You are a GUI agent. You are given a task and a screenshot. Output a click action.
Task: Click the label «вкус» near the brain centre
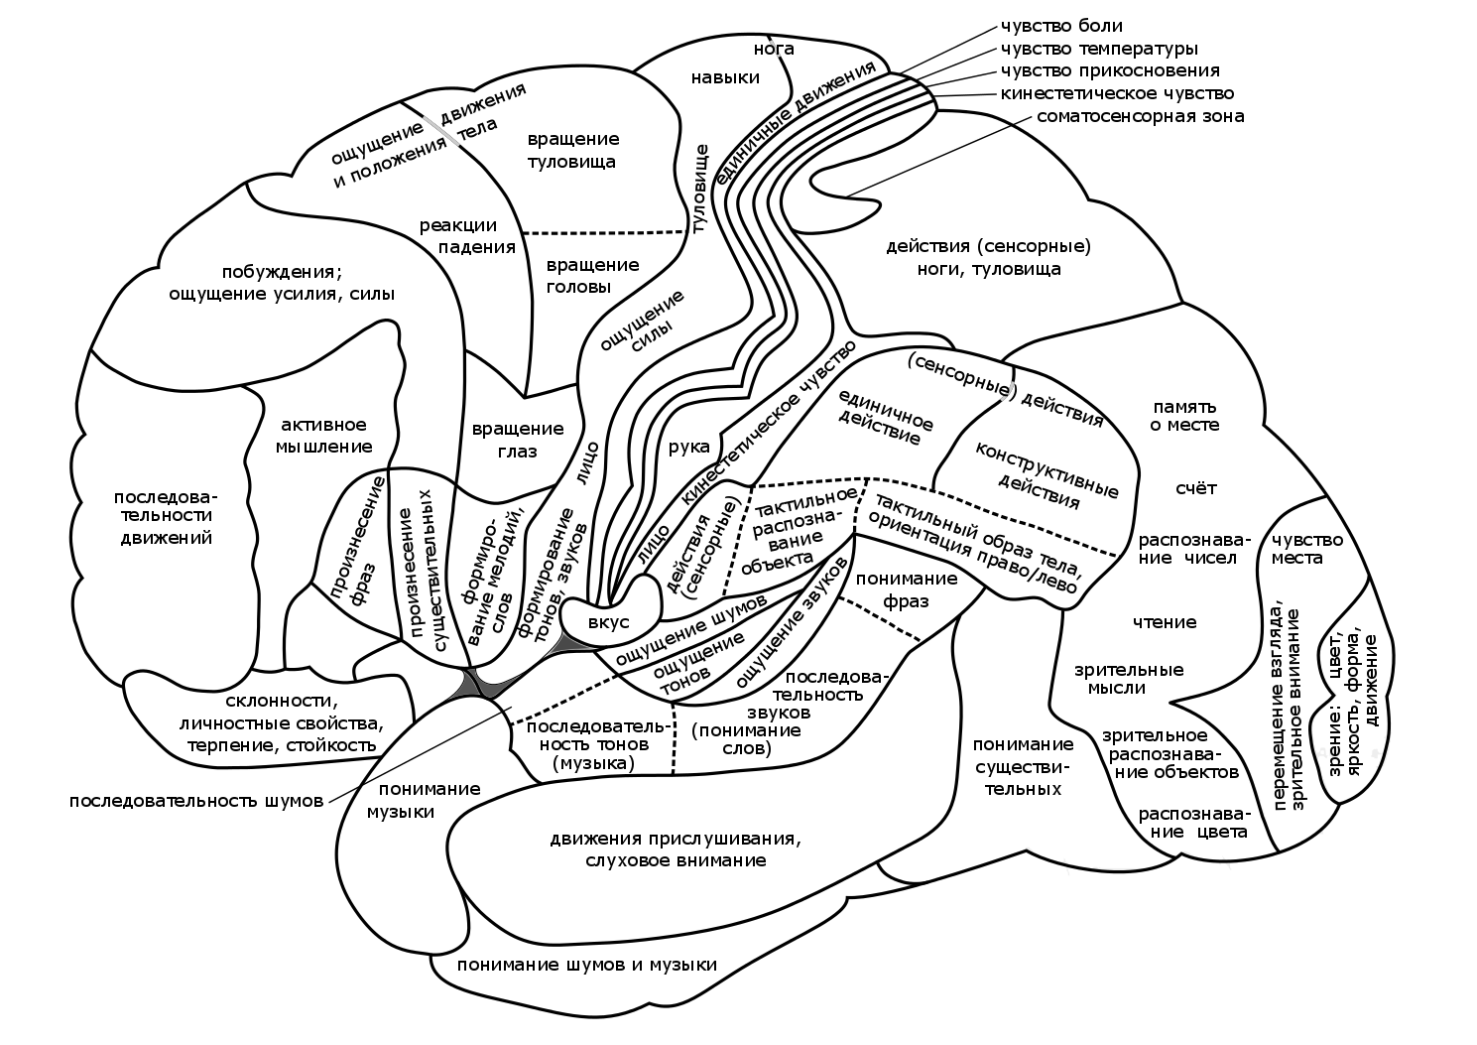click(x=608, y=621)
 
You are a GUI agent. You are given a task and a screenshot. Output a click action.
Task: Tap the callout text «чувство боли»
click(x=1061, y=26)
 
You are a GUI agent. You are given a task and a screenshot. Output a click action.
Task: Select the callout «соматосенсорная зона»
click(x=1140, y=116)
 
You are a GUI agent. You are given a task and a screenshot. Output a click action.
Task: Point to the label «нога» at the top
click(x=774, y=48)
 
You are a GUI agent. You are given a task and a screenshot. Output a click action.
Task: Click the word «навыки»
click(x=726, y=77)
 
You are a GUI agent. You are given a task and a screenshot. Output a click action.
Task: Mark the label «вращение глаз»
click(x=518, y=440)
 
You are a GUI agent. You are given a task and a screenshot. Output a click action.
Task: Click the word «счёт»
click(x=1195, y=488)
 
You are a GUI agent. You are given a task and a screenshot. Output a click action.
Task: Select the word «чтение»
click(x=1165, y=622)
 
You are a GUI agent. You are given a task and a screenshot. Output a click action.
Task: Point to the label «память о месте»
click(x=1183, y=415)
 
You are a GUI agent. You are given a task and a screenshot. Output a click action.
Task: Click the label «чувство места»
click(x=1307, y=548)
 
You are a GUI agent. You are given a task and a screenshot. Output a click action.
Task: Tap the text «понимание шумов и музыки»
click(x=587, y=965)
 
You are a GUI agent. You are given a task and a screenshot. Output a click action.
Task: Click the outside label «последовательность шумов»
click(x=196, y=801)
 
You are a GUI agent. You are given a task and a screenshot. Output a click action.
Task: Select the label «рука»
click(x=688, y=447)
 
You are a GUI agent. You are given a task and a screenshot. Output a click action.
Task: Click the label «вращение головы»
click(x=593, y=276)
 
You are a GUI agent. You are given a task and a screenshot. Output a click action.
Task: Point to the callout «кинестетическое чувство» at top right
click(x=1117, y=93)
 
